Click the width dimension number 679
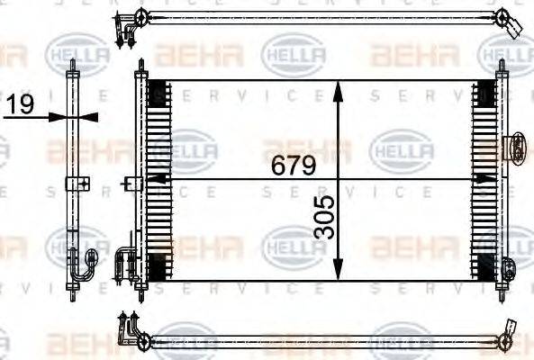(288, 166)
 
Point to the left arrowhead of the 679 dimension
(153, 178)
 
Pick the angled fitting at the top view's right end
(510, 24)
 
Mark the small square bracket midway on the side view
(78, 184)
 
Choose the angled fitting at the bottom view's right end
(508, 332)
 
